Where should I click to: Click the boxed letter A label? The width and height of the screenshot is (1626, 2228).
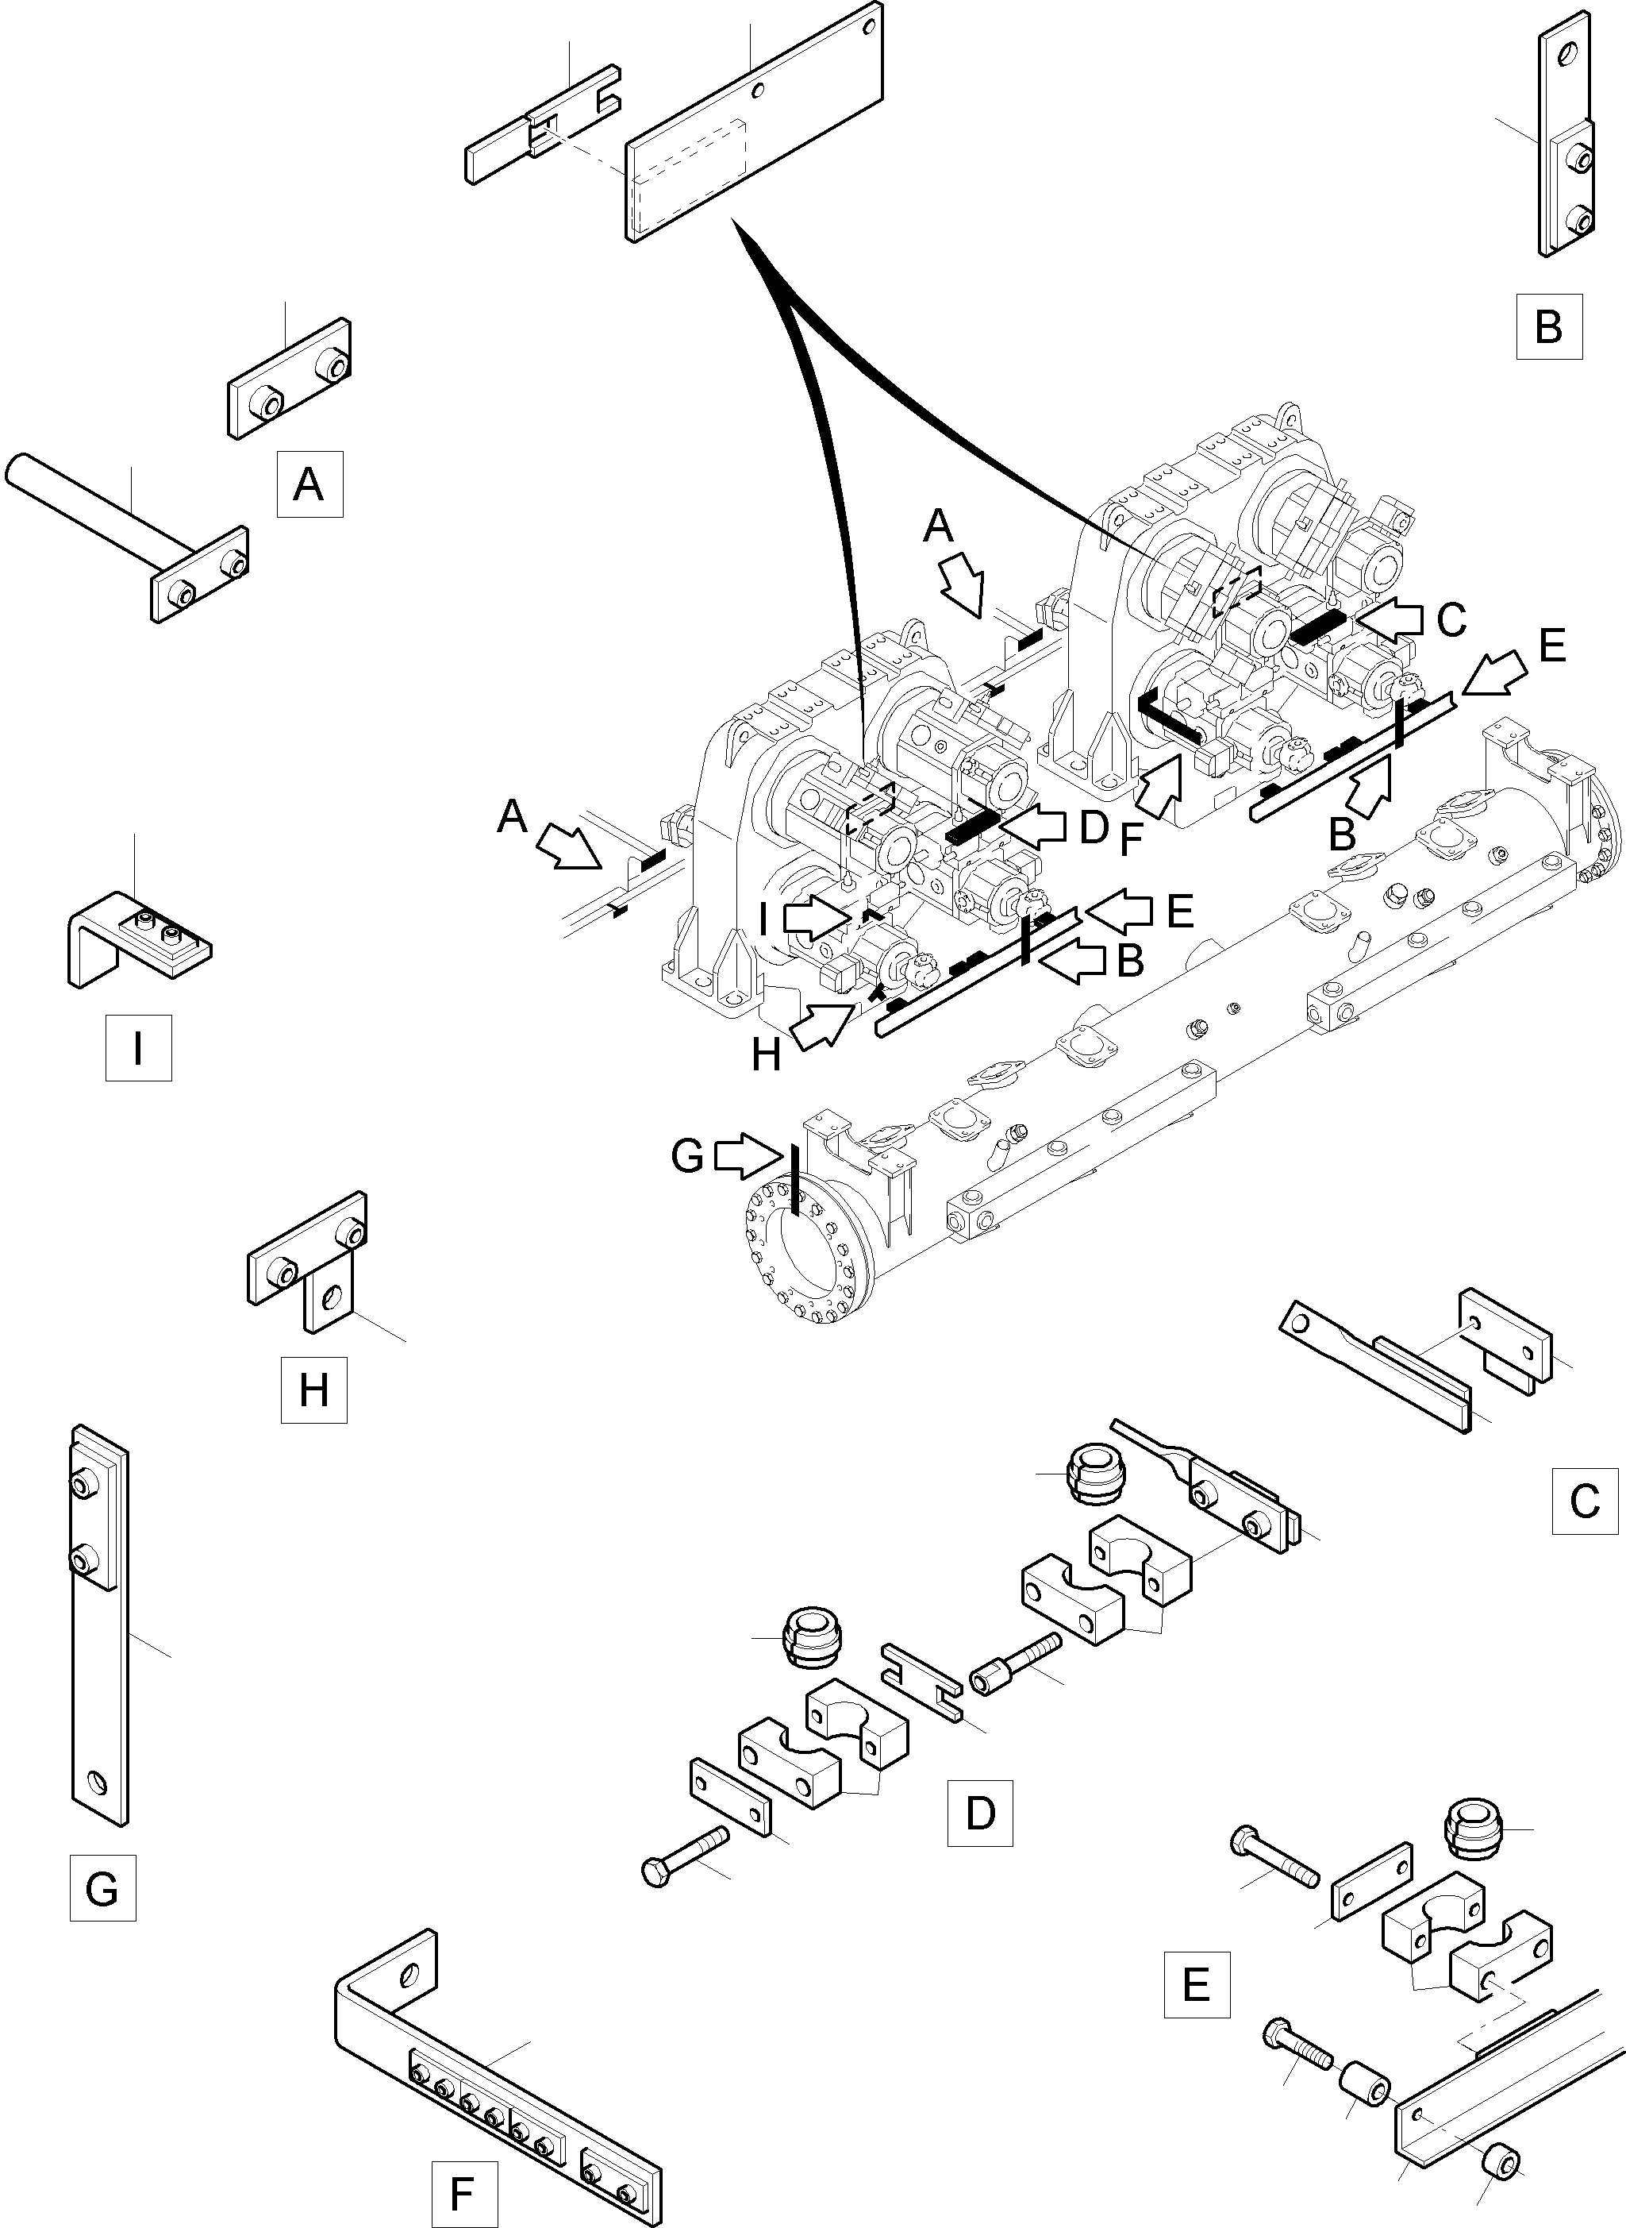[309, 484]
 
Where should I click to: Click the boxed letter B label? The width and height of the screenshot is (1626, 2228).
[1548, 326]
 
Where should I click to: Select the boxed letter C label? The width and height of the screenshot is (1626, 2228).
[1585, 1501]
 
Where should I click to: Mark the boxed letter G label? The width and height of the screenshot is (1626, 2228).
[102, 1887]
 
